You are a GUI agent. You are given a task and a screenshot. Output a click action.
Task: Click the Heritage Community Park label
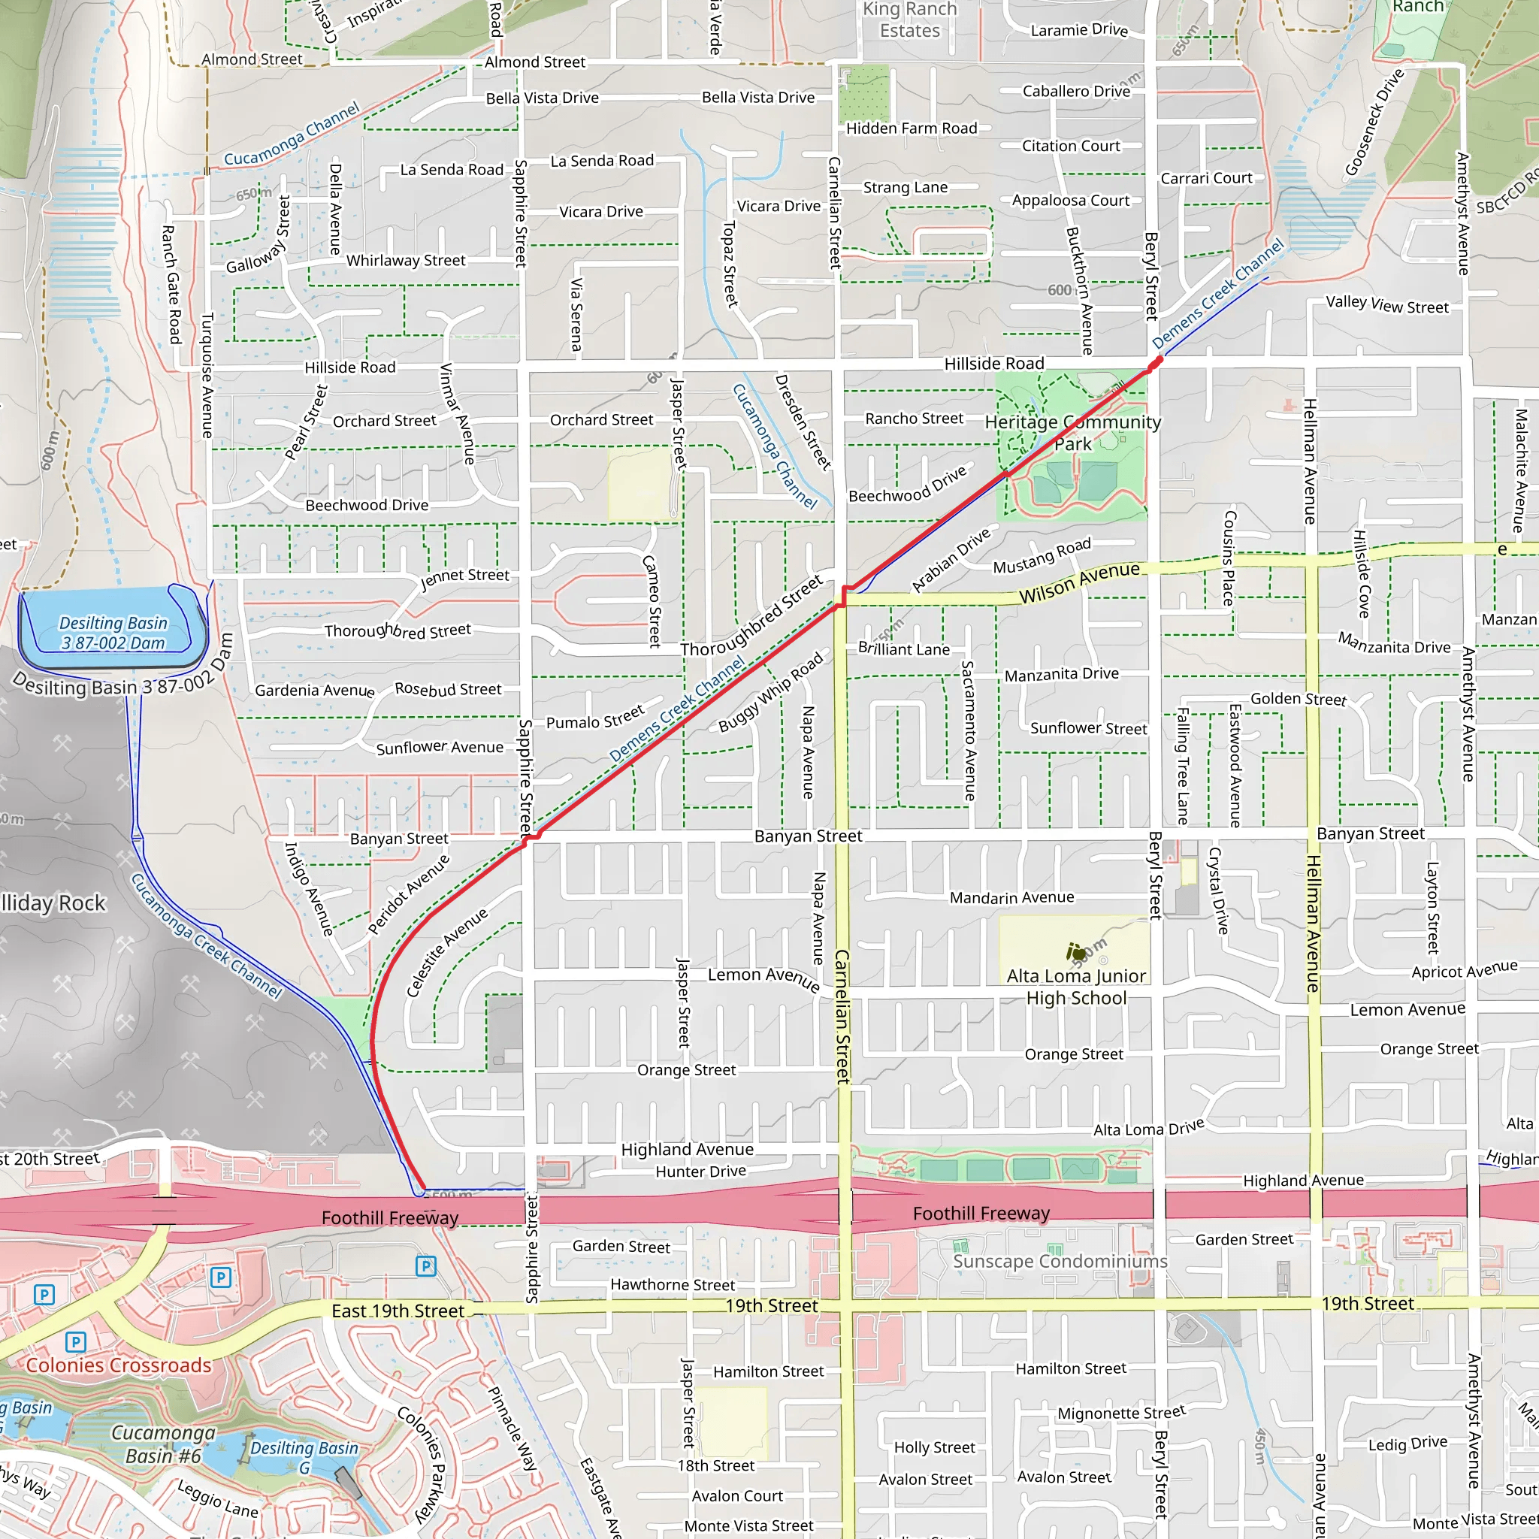[1072, 433]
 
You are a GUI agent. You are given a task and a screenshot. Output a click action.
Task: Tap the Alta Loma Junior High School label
[1076, 987]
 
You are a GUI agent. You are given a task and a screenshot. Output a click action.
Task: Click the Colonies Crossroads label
[119, 1365]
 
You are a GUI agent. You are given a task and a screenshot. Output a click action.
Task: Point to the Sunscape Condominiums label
[1060, 1262]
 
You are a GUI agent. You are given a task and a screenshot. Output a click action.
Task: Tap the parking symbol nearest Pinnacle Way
[426, 1265]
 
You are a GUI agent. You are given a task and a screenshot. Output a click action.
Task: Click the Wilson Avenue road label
[1079, 582]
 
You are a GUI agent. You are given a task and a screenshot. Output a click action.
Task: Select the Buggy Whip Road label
[770, 692]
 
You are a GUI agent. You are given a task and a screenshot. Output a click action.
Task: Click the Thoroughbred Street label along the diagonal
[751, 616]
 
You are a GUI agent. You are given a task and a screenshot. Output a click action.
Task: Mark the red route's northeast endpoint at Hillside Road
[1157, 361]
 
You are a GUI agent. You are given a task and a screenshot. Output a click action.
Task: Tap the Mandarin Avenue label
[1011, 898]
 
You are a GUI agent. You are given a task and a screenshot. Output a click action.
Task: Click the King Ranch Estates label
[910, 20]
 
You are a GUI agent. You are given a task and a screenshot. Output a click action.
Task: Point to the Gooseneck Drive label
[1374, 122]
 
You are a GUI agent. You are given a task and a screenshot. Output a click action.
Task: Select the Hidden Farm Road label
[912, 129]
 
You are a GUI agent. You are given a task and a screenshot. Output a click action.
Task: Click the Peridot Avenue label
[409, 893]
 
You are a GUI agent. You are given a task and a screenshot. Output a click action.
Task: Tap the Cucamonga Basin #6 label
[163, 1444]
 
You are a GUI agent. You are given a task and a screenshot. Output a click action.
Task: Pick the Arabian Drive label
[951, 560]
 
